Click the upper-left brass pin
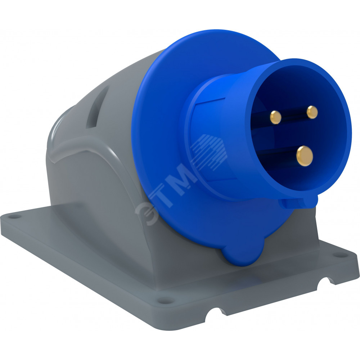coord(275,117)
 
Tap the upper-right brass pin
coord(312,112)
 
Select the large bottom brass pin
coord(305,156)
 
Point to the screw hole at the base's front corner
coord(166,300)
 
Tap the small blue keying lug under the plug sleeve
coord(298,202)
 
